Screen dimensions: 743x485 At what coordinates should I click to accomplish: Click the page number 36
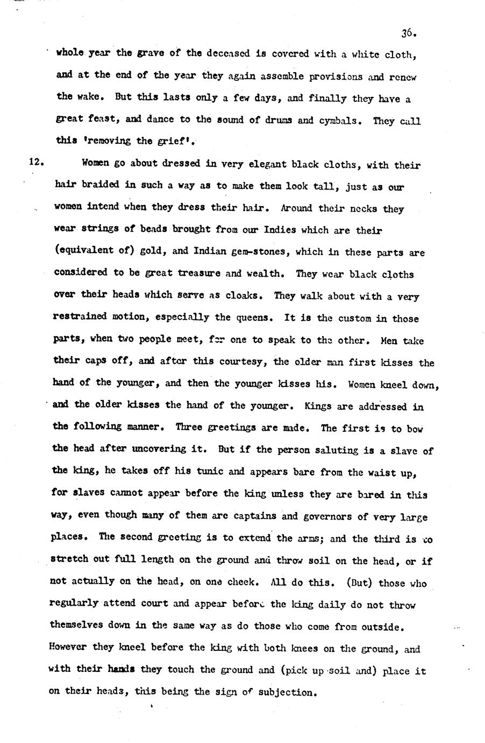409,33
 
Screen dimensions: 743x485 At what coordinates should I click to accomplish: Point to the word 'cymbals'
338,121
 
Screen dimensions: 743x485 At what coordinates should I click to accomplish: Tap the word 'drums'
278,120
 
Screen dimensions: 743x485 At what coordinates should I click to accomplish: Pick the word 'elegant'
262,165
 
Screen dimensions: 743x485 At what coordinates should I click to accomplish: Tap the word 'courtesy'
243,362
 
